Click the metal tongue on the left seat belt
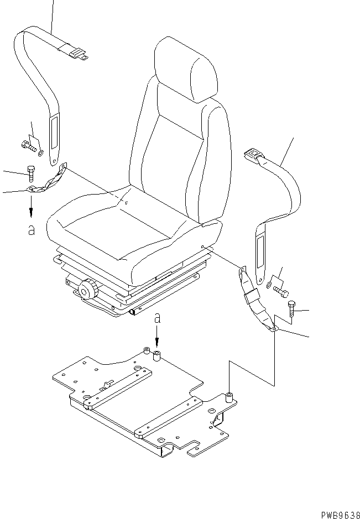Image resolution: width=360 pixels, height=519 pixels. coord(77,54)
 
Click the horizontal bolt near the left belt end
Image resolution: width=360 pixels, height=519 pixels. coord(28,146)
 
